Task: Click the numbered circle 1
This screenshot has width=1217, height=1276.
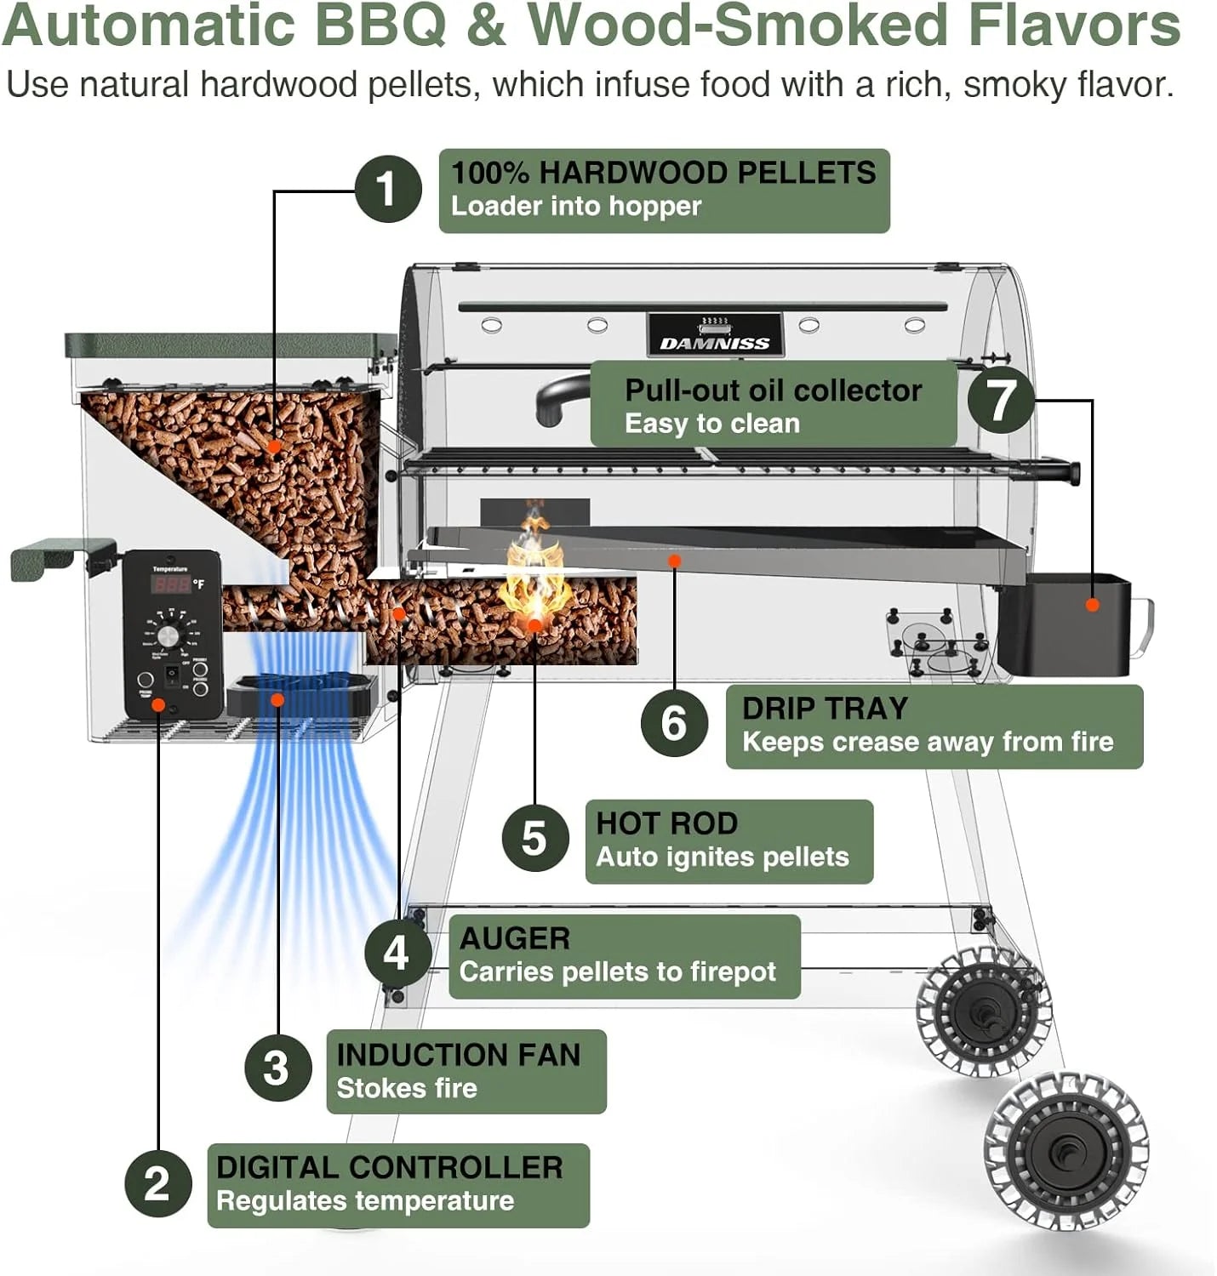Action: (x=387, y=189)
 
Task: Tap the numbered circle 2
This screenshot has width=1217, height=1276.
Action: (x=157, y=1183)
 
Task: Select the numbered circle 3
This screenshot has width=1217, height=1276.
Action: (x=277, y=1068)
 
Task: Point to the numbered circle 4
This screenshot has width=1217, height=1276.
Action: (x=397, y=953)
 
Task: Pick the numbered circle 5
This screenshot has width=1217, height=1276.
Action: (x=534, y=838)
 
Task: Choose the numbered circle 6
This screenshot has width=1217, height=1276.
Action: (x=674, y=723)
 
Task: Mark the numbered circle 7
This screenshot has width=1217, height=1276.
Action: (x=1000, y=400)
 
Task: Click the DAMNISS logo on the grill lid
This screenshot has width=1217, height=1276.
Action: (x=715, y=343)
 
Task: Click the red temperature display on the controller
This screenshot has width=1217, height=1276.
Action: (x=171, y=584)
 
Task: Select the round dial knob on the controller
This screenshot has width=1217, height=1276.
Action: (x=169, y=635)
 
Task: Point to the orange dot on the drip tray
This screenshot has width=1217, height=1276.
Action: (x=674, y=561)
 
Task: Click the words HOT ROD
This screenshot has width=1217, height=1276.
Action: (x=666, y=823)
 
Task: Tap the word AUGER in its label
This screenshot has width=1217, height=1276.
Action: (x=514, y=938)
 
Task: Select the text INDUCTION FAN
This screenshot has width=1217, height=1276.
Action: (x=458, y=1055)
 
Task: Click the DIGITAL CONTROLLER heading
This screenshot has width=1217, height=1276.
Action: (x=389, y=1167)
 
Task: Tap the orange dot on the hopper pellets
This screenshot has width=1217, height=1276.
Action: (x=274, y=446)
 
